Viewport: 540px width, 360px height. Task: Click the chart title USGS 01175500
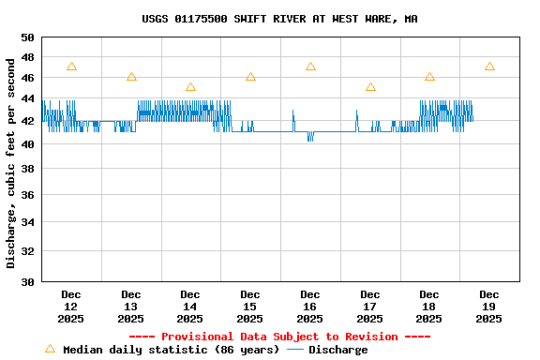280,19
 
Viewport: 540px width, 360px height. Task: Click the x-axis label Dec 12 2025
71,307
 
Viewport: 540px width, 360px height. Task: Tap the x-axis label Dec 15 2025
250,307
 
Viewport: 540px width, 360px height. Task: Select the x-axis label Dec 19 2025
488,307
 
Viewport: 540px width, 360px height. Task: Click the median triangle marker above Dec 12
71,67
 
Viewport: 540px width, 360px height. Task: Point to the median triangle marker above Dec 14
190,87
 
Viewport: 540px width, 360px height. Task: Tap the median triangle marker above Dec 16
310,67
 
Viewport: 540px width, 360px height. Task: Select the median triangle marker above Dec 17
370,87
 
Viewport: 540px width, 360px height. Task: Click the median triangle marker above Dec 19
489,67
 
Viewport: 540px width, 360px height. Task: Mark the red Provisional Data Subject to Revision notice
279,337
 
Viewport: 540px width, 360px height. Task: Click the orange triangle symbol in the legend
50,349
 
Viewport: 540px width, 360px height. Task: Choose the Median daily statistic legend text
171,350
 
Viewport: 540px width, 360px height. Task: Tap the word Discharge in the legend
338,350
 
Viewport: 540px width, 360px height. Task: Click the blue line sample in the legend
295,350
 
